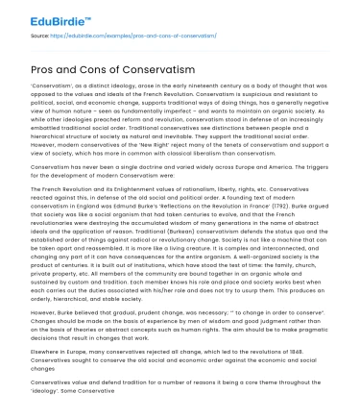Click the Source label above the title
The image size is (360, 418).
pos(42,36)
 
